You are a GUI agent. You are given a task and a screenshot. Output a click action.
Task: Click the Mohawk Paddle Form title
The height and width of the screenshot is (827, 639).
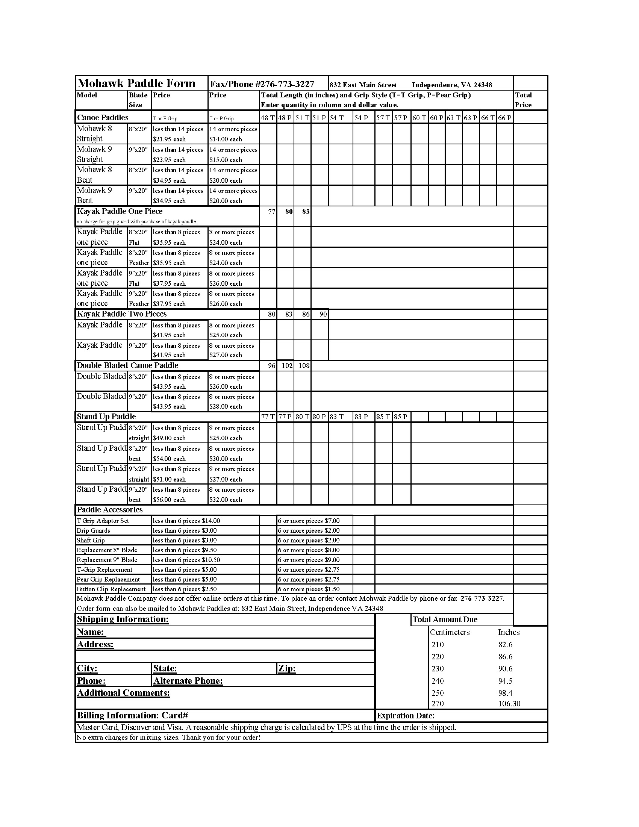[136, 83]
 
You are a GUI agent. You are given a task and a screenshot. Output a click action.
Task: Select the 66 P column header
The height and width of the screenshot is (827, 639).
[504, 118]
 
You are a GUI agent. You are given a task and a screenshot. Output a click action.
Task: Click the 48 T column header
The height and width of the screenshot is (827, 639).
[268, 118]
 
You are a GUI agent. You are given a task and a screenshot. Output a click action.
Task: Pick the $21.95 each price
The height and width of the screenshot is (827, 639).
[169, 139]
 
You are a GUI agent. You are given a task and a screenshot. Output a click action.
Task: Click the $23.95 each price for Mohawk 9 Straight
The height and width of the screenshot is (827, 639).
[169, 160]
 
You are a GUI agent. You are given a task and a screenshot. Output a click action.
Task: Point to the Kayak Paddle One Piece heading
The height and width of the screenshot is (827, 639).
[120, 211]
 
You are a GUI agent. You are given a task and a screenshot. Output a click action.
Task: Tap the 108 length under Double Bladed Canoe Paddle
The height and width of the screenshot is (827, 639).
[304, 365]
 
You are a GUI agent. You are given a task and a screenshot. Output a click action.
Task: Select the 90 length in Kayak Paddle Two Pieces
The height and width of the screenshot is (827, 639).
[323, 314]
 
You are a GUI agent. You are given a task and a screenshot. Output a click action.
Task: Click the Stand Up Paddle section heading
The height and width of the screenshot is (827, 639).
[106, 417]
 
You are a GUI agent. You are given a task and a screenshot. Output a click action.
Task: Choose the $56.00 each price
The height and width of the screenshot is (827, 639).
[169, 500]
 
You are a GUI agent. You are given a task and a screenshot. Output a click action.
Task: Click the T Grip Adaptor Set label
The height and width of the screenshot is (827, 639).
[103, 521]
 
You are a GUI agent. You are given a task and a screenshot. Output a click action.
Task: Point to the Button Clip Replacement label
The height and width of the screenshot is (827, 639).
[111, 589]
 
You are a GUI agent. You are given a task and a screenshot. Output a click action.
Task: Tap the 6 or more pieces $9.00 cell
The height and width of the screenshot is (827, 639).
[309, 560]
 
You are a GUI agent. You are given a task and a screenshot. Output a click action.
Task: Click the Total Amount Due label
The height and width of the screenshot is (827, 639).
[445, 619]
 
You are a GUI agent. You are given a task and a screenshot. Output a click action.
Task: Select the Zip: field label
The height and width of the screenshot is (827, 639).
[287, 668]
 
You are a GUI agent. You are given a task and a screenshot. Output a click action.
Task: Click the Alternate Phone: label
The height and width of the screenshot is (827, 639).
[188, 681]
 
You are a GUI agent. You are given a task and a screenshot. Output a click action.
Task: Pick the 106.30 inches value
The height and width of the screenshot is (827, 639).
[509, 704]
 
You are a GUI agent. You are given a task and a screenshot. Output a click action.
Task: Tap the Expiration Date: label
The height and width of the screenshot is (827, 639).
[406, 716]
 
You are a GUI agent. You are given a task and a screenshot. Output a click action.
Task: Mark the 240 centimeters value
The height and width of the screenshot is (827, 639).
[438, 681]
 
